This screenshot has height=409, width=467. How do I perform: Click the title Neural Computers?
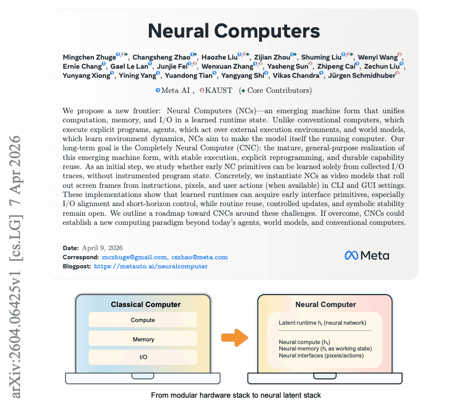(234, 31)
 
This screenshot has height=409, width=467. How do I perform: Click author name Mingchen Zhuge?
(89, 57)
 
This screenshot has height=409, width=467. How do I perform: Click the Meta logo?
(367, 255)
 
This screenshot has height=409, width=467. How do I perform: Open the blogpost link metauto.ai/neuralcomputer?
(150, 266)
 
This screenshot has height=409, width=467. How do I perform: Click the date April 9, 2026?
(102, 248)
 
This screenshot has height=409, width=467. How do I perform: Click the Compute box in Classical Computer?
(143, 320)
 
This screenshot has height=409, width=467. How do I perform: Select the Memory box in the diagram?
(143, 339)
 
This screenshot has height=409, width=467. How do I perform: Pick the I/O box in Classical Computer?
(143, 357)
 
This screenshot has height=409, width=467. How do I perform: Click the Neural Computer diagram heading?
(326, 304)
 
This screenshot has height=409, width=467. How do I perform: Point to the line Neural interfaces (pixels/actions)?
(321, 355)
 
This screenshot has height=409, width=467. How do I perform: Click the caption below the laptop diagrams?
(235, 396)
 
